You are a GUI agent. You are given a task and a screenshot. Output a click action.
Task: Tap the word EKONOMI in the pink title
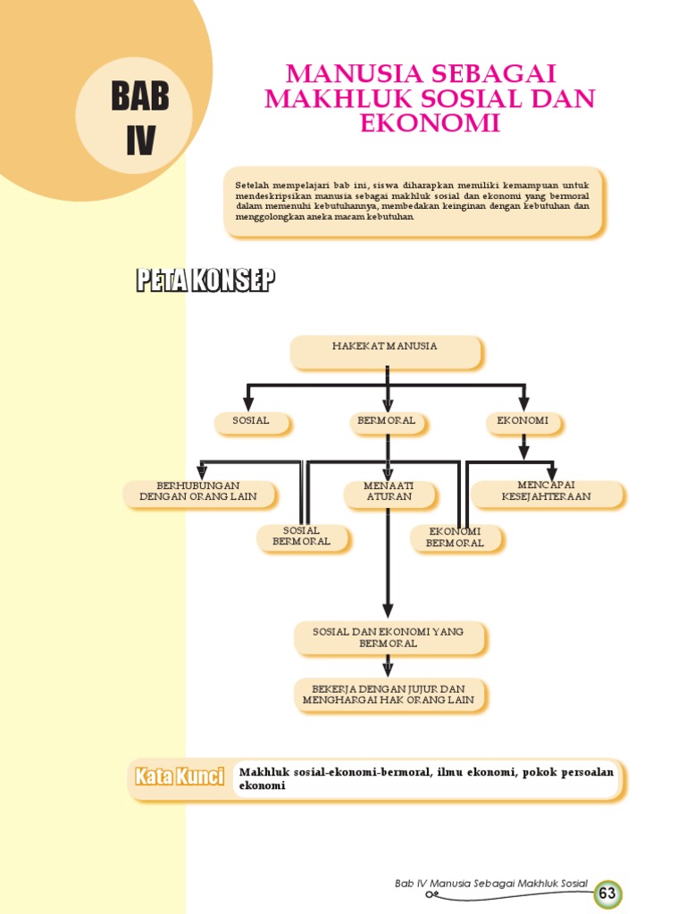point(430,123)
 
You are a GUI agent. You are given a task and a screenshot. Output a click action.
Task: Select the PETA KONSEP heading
point(205,281)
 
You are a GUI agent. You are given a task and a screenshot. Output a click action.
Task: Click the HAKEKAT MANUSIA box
point(385,351)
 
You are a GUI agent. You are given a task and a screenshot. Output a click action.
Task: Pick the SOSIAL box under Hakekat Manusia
point(251,420)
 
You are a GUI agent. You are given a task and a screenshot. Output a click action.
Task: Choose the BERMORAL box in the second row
point(386,420)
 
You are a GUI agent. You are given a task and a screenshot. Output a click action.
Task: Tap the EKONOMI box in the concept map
point(523,420)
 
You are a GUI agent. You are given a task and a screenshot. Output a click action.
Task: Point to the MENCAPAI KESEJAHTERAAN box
point(547,492)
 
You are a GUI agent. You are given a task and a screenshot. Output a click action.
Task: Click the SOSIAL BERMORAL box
point(302,536)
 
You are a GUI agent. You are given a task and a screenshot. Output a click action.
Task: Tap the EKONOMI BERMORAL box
point(456,536)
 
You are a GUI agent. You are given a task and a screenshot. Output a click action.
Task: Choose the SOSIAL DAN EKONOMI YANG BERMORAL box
point(389,637)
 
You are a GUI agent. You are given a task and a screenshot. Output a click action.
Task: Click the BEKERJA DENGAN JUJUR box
point(389,694)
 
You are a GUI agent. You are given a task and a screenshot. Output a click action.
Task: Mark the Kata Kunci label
point(179,777)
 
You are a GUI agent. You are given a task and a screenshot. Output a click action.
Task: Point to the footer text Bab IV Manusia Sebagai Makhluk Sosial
point(491,884)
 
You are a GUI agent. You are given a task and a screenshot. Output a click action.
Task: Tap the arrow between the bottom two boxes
point(388,665)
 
